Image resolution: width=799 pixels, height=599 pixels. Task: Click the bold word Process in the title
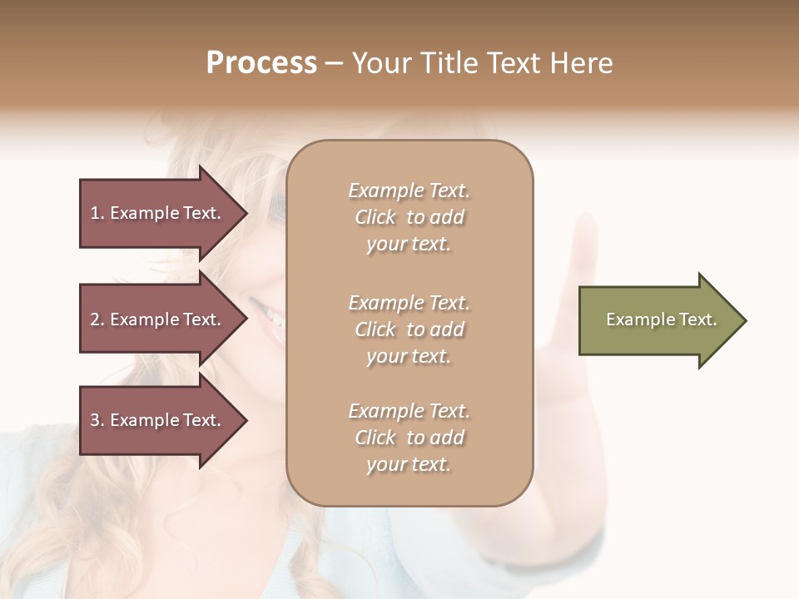pos(261,63)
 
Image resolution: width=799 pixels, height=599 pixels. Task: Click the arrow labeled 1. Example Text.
pos(158,213)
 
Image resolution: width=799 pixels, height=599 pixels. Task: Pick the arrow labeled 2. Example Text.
pos(158,319)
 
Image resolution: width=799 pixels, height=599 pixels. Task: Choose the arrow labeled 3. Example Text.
pos(158,420)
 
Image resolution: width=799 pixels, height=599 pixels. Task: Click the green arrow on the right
pos(658,319)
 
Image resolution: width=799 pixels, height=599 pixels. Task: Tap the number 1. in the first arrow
pos(97,213)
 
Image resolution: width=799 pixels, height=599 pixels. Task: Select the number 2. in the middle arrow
pos(97,319)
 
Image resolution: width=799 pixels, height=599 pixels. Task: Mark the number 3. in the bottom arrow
pos(97,420)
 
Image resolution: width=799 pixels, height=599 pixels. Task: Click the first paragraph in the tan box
pos(409,217)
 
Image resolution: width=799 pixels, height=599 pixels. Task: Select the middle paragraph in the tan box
pos(409,329)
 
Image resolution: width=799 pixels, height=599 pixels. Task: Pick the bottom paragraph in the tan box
pos(409,438)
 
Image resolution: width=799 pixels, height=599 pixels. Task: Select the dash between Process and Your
pos(334,64)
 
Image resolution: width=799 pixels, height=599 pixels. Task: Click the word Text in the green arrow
pos(697,319)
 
